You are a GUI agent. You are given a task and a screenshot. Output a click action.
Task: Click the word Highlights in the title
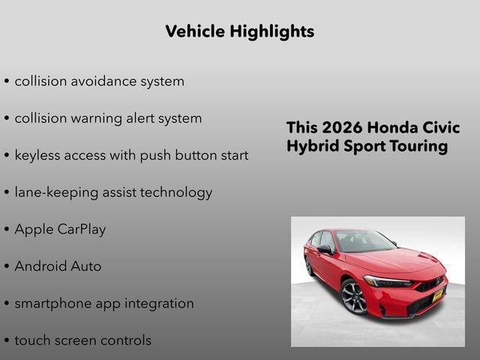click(x=273, y=31)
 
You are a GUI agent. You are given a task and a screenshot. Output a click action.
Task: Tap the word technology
click(x=175, y=193)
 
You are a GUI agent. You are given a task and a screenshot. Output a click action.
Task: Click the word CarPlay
click(x=82, y=229)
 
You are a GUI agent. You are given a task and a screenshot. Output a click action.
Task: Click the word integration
click(x=157, y=304)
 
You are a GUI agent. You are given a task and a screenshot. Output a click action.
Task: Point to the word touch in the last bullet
click(x=33, y=340)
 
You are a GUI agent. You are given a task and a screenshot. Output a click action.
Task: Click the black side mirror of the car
click(x=324, y=250)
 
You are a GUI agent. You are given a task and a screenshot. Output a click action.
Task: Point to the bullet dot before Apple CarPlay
click(x=7, y=230)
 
